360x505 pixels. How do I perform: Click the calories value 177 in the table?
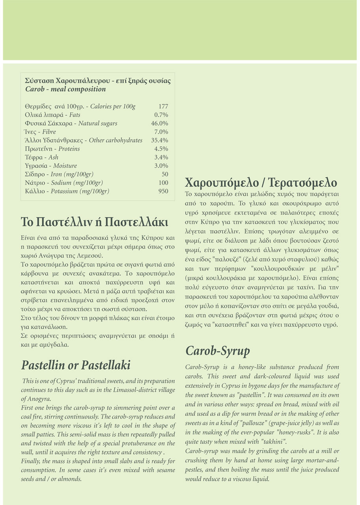163,107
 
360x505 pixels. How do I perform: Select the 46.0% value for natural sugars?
160,123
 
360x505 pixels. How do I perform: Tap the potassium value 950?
163,191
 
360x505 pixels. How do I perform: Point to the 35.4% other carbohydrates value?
160,140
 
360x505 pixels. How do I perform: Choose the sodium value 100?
163,183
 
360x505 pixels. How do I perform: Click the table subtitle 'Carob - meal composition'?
65,89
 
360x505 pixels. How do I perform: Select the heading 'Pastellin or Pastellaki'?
76,365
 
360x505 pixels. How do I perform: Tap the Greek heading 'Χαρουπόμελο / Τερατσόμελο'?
261,183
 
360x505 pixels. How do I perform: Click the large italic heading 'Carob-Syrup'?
217,350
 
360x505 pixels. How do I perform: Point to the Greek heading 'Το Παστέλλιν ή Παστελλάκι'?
95,221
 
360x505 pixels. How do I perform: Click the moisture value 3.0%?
161,166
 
